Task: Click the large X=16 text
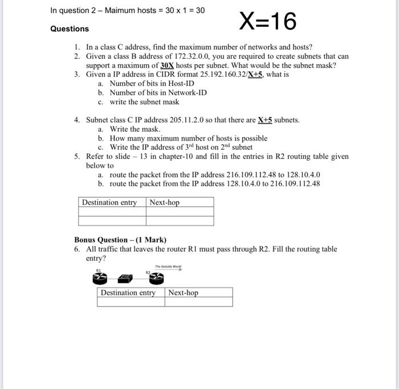click(x=268, y=22)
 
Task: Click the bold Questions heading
click(x=70, y=28)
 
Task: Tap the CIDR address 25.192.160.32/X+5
click(x=223, y=75)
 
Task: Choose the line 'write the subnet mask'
click(x=144, y=102)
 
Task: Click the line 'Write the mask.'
click(x=135, y=129)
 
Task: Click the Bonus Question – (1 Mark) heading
click(x=120, y=240)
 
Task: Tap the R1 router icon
click(x=100, y=277)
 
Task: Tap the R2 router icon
click(x=156, y=277)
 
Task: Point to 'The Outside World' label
click(x=168, y=266)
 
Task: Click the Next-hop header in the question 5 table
click(x=164, y=202)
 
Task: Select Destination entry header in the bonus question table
click(x=128, y=293)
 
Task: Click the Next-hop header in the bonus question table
click(x=183, y=293)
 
